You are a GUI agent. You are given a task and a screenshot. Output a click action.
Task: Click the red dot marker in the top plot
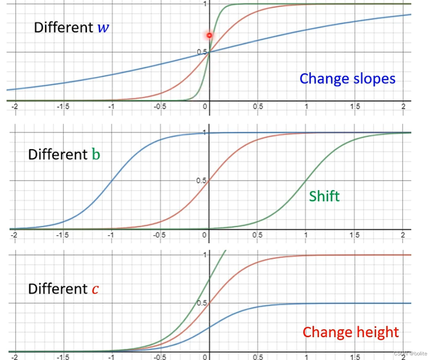point(209,35)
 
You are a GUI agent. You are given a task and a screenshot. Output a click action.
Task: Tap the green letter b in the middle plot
point(95,154)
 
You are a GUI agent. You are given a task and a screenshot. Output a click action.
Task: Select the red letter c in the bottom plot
point(95,289)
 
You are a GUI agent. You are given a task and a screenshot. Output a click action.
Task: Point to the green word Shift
point(324,197)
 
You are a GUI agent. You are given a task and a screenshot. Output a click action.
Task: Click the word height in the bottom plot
point(376,332)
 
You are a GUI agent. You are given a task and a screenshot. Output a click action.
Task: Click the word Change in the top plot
point(323,79)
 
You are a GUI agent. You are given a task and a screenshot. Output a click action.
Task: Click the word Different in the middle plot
point(58,154)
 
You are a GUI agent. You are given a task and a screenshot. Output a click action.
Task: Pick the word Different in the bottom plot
point(58,289)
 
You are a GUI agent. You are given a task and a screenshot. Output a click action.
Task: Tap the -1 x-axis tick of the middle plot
point(110,235)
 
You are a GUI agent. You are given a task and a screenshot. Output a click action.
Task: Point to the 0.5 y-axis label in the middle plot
point(201,180)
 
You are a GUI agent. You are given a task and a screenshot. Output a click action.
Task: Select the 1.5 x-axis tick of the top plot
point(354,106)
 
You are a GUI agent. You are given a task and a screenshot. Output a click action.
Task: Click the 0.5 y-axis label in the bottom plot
point(201,303)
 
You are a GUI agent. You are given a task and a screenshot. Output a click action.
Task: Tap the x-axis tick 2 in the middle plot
point(403,235)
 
